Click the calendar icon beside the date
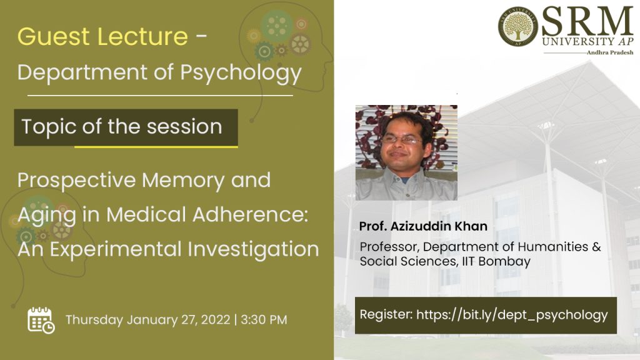(x=41, y=321)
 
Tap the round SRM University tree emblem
(x=518, y=26)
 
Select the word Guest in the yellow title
(x=54, y=36)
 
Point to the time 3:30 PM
(x=264, y=319)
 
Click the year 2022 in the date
(x=216, y=319)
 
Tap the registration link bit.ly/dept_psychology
(x=512, y=315)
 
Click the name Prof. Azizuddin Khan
(x=423, y=226)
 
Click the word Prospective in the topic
(x=77, y=181)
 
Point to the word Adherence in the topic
(x=250, y=214)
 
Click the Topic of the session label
(x=122, y=126)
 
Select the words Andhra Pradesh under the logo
(x=610, y=52)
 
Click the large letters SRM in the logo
(x=587, y=21)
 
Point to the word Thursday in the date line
(x=94, y=320)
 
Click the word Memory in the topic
(x=183, y=181)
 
